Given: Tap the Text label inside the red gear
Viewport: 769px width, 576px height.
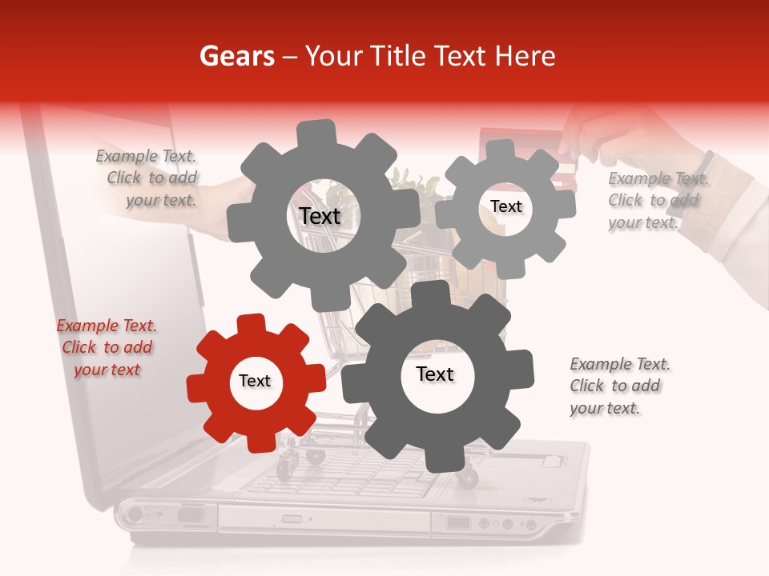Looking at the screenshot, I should coord(255,382).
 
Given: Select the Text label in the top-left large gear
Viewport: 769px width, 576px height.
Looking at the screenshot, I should coord(320,216).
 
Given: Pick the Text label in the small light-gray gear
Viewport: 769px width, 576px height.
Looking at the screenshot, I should coord(505,206).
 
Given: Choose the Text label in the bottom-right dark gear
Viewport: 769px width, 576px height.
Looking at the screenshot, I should coord(435,374).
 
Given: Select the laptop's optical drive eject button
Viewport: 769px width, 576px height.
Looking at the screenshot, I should coord(292,518).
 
